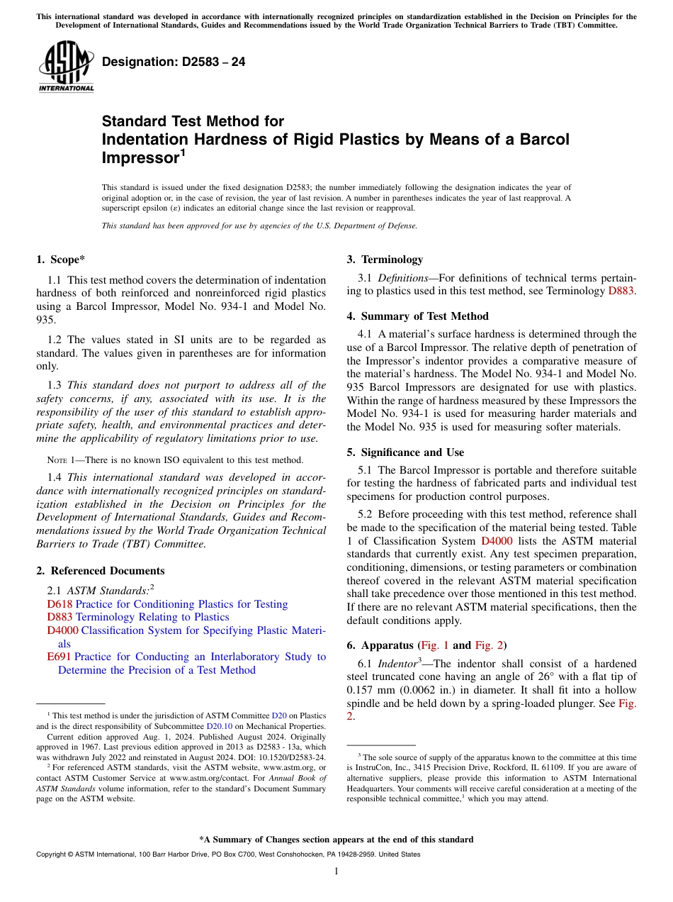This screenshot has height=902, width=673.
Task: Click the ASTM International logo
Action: tap(65, 67)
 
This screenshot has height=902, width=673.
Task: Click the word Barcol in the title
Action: tap(545, 139)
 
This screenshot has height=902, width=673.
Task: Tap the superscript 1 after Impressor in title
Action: tap(182, 151)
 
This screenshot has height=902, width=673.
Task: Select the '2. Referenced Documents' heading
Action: tap(100, 571)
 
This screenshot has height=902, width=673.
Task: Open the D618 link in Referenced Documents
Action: tap(60, 604)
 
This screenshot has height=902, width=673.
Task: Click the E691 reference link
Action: tap(59, 657)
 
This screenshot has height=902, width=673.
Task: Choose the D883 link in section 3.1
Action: tap(621, 291)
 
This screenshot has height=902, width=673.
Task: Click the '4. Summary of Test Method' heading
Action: tap(417, 316)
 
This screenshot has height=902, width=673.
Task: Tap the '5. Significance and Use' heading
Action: tap(405, 452)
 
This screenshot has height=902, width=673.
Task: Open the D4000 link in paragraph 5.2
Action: tap(497, 540)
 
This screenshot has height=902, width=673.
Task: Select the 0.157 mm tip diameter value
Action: tap(369, 690)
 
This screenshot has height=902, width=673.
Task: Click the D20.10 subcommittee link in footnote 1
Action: tap(216, 726)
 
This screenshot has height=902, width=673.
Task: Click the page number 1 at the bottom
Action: tap(336, 872)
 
